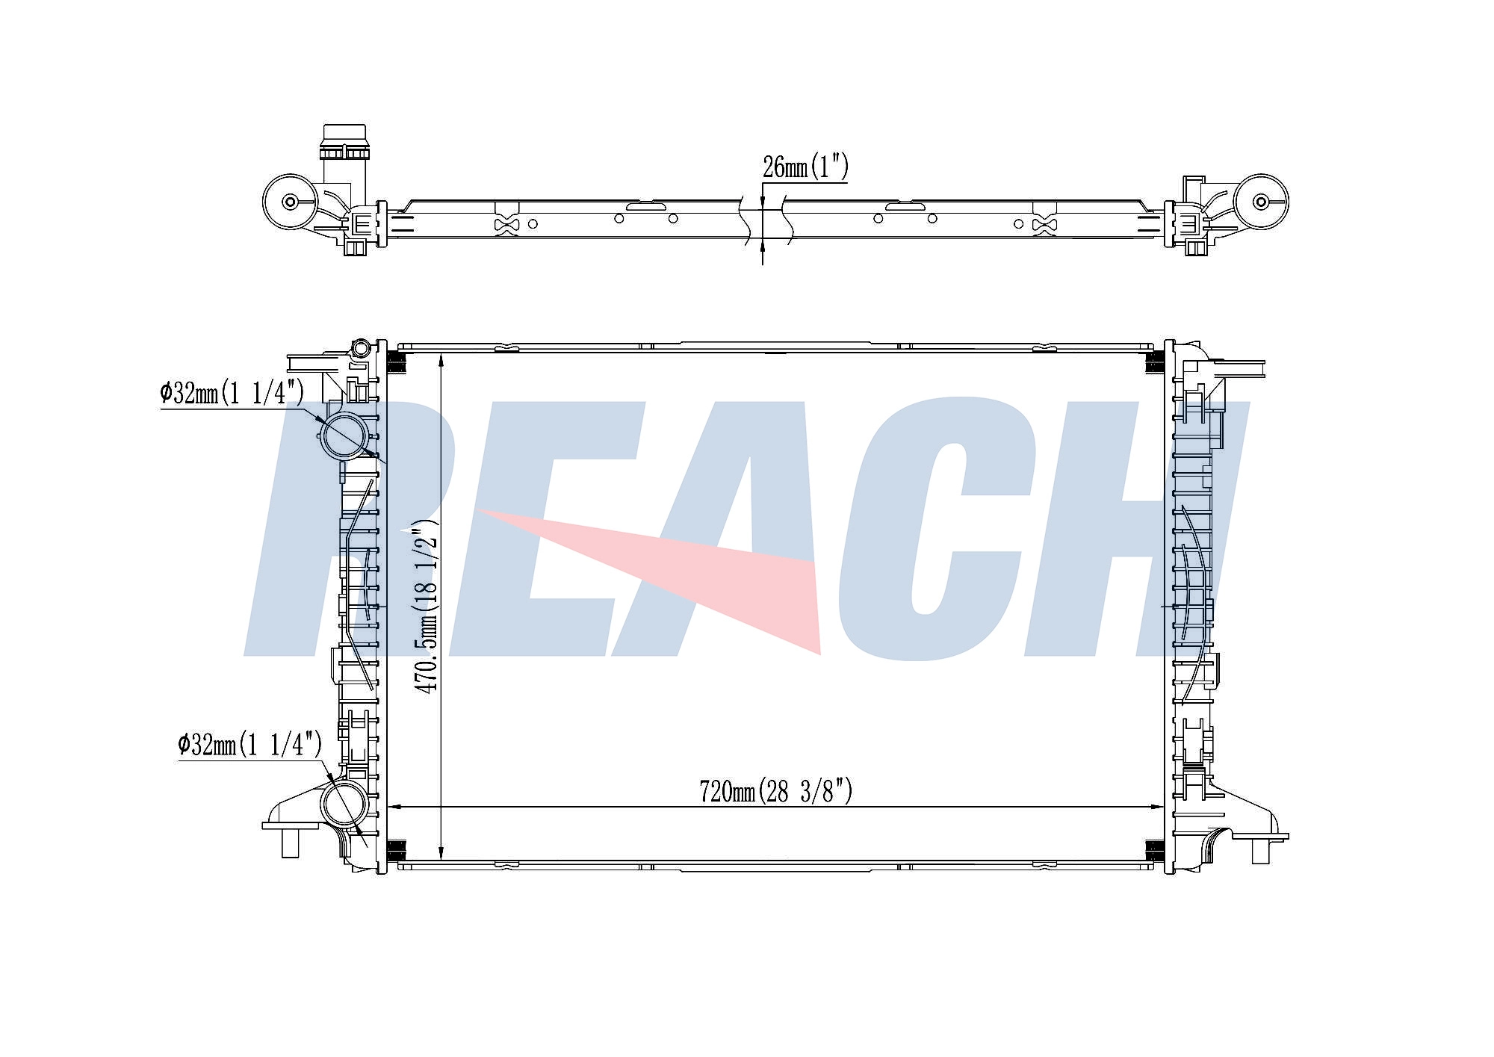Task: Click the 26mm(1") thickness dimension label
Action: [805, 167]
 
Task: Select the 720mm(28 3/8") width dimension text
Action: [775, 791]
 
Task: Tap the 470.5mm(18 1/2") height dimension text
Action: [427, 606]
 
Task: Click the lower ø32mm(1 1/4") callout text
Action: [250, 744]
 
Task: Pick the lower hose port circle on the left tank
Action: [344, 803]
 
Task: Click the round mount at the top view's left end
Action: [291, 202]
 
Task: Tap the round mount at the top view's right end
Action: [1261, 202]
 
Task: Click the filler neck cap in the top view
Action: [344, 143]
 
